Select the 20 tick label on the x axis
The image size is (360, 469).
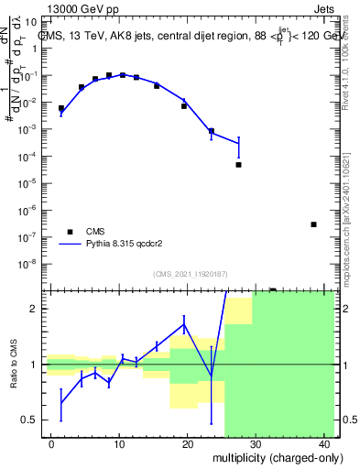pos(187,444)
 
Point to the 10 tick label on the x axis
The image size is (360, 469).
pos(119,444)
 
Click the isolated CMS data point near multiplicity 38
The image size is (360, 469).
pos(313,224)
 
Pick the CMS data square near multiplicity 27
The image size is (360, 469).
pos(238,165)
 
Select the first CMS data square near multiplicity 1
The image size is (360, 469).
pos(61,108)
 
